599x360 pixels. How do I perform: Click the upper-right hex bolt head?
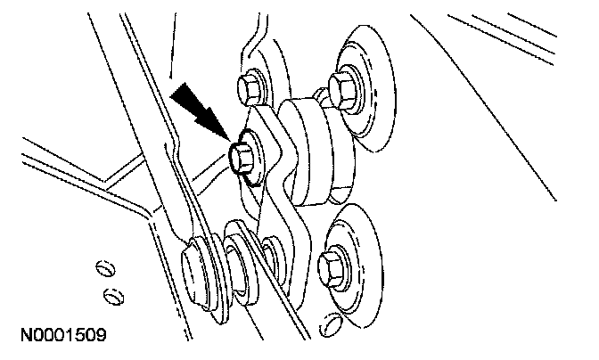click(x=343, y=86)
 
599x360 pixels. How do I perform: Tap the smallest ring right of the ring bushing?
click(x=273, y=259)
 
